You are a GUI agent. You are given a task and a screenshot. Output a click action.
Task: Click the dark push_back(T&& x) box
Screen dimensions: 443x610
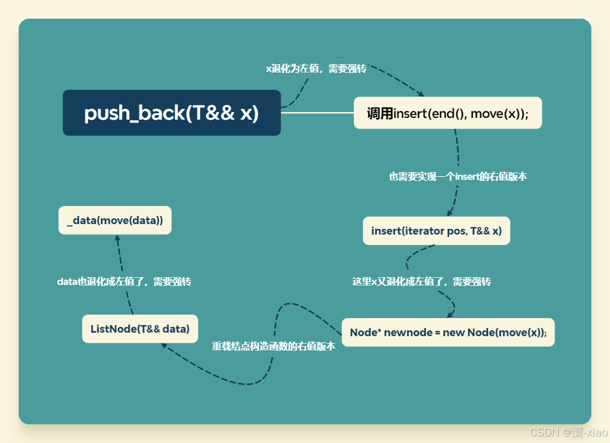click(172, 113)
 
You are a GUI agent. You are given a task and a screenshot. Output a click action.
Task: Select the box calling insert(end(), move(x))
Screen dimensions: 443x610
click(448, 113)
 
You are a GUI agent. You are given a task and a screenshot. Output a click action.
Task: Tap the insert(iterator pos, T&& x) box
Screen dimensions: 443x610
click(436, 231)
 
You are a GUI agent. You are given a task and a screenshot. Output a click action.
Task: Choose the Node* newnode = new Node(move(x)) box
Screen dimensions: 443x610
click(448, 332)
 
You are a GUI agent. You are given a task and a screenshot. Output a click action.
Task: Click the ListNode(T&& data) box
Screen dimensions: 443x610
click(140, 329)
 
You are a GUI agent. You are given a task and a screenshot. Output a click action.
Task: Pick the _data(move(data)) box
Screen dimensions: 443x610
click(115, 220)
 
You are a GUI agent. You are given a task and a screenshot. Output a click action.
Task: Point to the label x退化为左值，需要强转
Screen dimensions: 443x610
click(316, 68)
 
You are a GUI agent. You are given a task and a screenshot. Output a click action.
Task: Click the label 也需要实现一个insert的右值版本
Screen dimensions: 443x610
click(458, 176)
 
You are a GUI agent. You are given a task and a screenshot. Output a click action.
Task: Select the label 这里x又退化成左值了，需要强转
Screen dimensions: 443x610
click(421, 281)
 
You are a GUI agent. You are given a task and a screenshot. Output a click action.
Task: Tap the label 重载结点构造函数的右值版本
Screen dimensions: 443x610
click(273, 346)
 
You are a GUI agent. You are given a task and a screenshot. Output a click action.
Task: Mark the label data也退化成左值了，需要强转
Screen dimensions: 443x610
click(124, 281)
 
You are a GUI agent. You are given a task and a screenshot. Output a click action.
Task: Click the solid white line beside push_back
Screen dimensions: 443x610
click(317, 113)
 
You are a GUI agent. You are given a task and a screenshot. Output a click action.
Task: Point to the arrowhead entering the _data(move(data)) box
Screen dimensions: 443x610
click(117, 238)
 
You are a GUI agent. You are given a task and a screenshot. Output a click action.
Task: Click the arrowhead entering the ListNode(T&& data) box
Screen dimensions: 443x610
click(164, 346)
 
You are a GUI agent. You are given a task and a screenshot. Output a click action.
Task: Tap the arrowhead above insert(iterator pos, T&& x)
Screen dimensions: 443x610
click(449, 213)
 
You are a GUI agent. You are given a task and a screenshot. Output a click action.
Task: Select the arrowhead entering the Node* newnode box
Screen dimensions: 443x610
click(450, 315)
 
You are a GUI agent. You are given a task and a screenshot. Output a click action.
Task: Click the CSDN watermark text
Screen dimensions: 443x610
click(568, 432)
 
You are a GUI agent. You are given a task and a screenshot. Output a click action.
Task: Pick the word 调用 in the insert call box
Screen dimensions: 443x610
click(379, 113)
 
